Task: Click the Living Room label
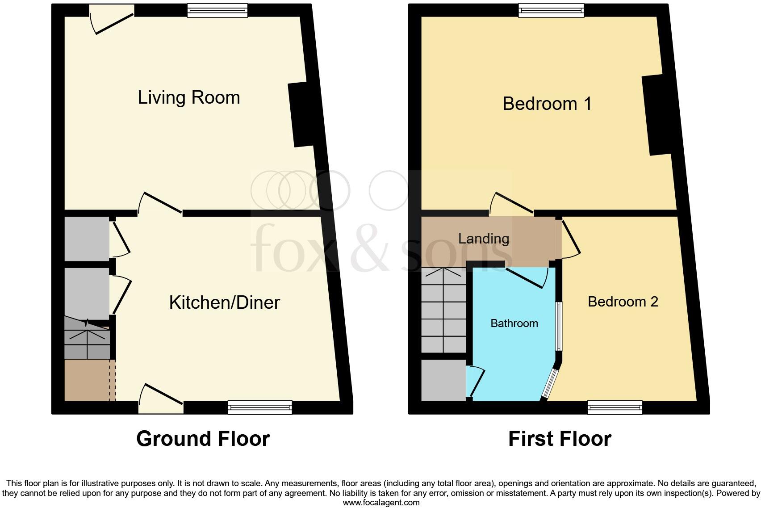(188, 97)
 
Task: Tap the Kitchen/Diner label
(224, 302)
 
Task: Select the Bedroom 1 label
(547, 104)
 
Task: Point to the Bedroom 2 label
(623, 302)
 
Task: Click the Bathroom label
(514, 323)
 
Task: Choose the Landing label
(484, 239)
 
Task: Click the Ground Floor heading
(203, 439)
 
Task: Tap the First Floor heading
(560, 439)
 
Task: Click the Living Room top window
(217, 10)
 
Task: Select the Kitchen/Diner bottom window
(259, 407)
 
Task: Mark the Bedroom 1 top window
(551, 10)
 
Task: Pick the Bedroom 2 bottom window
(615, 407)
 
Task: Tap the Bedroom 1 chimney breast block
(657, 115)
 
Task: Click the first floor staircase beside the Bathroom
(443, 310)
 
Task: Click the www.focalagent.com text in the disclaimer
(381, 503)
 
